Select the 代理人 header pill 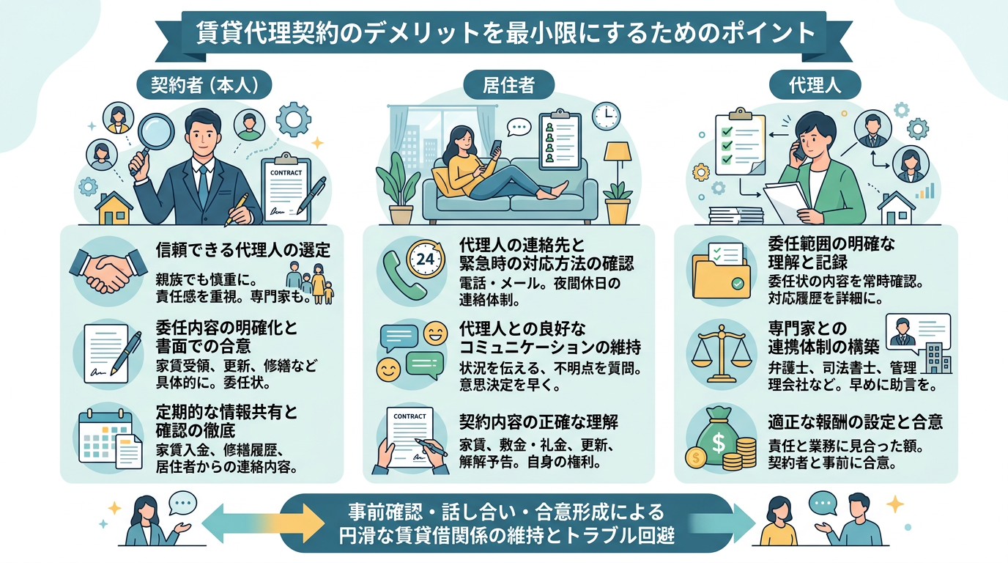[x=815, y=85]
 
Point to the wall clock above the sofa [x=607, y=115]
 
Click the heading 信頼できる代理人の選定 [x=242, y=250]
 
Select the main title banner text [x=505, y=33]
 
